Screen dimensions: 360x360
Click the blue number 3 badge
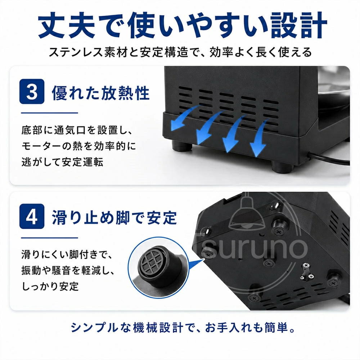32,91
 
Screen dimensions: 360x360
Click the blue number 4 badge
32,216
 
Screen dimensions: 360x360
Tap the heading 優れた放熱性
100,93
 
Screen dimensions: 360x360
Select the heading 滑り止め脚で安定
114,217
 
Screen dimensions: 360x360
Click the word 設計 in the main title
299,25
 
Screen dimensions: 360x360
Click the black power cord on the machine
329,159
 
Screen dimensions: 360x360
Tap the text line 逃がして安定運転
62,162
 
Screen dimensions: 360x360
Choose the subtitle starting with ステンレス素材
180,52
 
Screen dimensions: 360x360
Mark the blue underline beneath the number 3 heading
50,113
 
